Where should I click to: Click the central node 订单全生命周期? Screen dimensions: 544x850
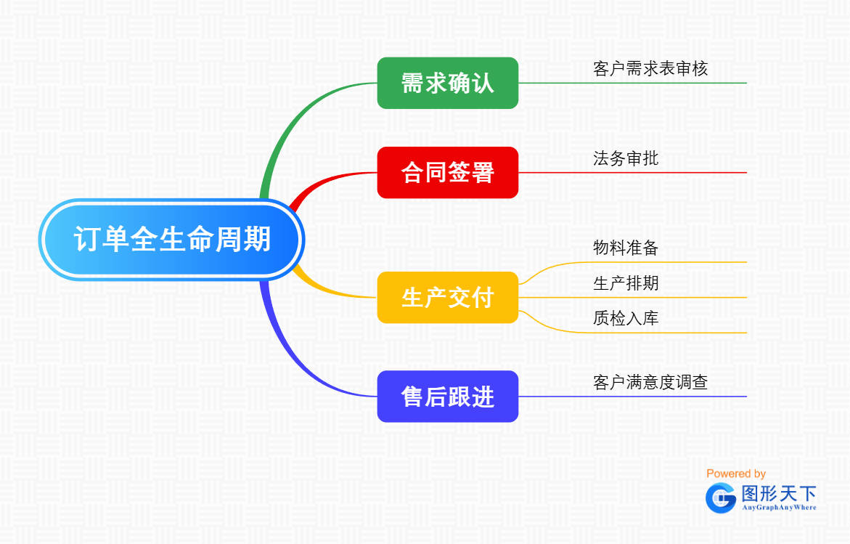coord(171,239)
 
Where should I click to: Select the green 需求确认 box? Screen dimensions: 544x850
coord(447,83)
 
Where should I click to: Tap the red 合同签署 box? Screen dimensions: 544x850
coord(447,172)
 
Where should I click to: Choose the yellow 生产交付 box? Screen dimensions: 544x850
coord(447,297)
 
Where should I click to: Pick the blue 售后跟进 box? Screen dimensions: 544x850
coord(447,397)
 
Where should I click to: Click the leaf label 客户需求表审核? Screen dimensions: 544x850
coord(650,69)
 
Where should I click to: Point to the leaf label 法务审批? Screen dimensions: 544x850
coord(626,158)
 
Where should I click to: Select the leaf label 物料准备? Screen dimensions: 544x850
coord(626,248)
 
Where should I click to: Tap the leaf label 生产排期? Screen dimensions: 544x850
coord(626,283)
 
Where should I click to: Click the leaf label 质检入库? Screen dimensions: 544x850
coord(626,318)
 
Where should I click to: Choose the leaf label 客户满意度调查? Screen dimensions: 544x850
coord(650,382)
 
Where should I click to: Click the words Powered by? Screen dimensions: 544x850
coord(736,474)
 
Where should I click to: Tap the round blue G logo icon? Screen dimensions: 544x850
coord(721,498)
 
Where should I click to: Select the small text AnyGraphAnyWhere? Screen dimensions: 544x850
coord(779,508)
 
